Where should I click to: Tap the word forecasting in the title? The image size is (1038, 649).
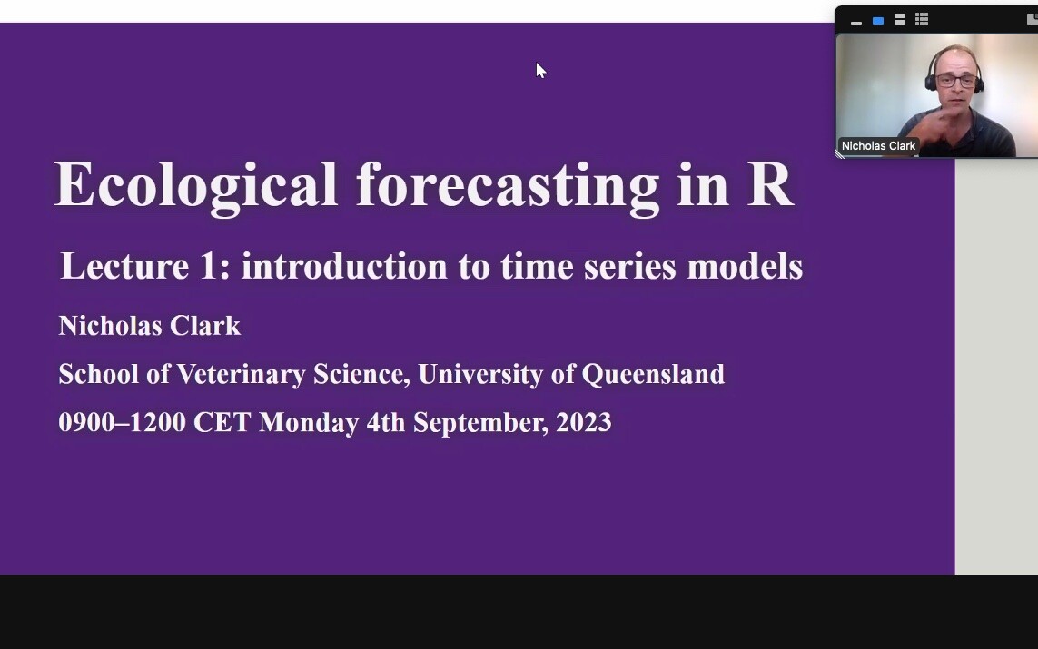[x=508, y=187]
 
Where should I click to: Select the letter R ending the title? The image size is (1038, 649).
[x=769, y=184]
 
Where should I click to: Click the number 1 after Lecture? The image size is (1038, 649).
[x=209, y=266]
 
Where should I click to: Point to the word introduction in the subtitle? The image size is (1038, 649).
[x=344, y=266]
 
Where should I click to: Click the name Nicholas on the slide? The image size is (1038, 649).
[x=110, y=326]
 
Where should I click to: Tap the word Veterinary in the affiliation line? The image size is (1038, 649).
[x=241, y=375]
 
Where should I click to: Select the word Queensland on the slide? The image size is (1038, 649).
[x=653, y=375]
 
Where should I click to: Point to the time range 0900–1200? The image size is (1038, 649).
[x=122, y=422]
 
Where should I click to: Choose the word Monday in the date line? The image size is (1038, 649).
[x=309, y=423]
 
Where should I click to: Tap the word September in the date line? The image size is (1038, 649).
[x=481, y=423]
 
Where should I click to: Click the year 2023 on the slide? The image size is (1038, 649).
[x=584, y=422]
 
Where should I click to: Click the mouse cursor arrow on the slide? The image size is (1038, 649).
[x=540, y=70]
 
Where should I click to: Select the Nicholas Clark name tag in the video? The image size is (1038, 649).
[x=878, y=145]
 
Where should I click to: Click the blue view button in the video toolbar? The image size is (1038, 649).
[x=878, y=21]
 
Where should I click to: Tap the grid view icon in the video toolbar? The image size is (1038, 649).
[x=922, y=20]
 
